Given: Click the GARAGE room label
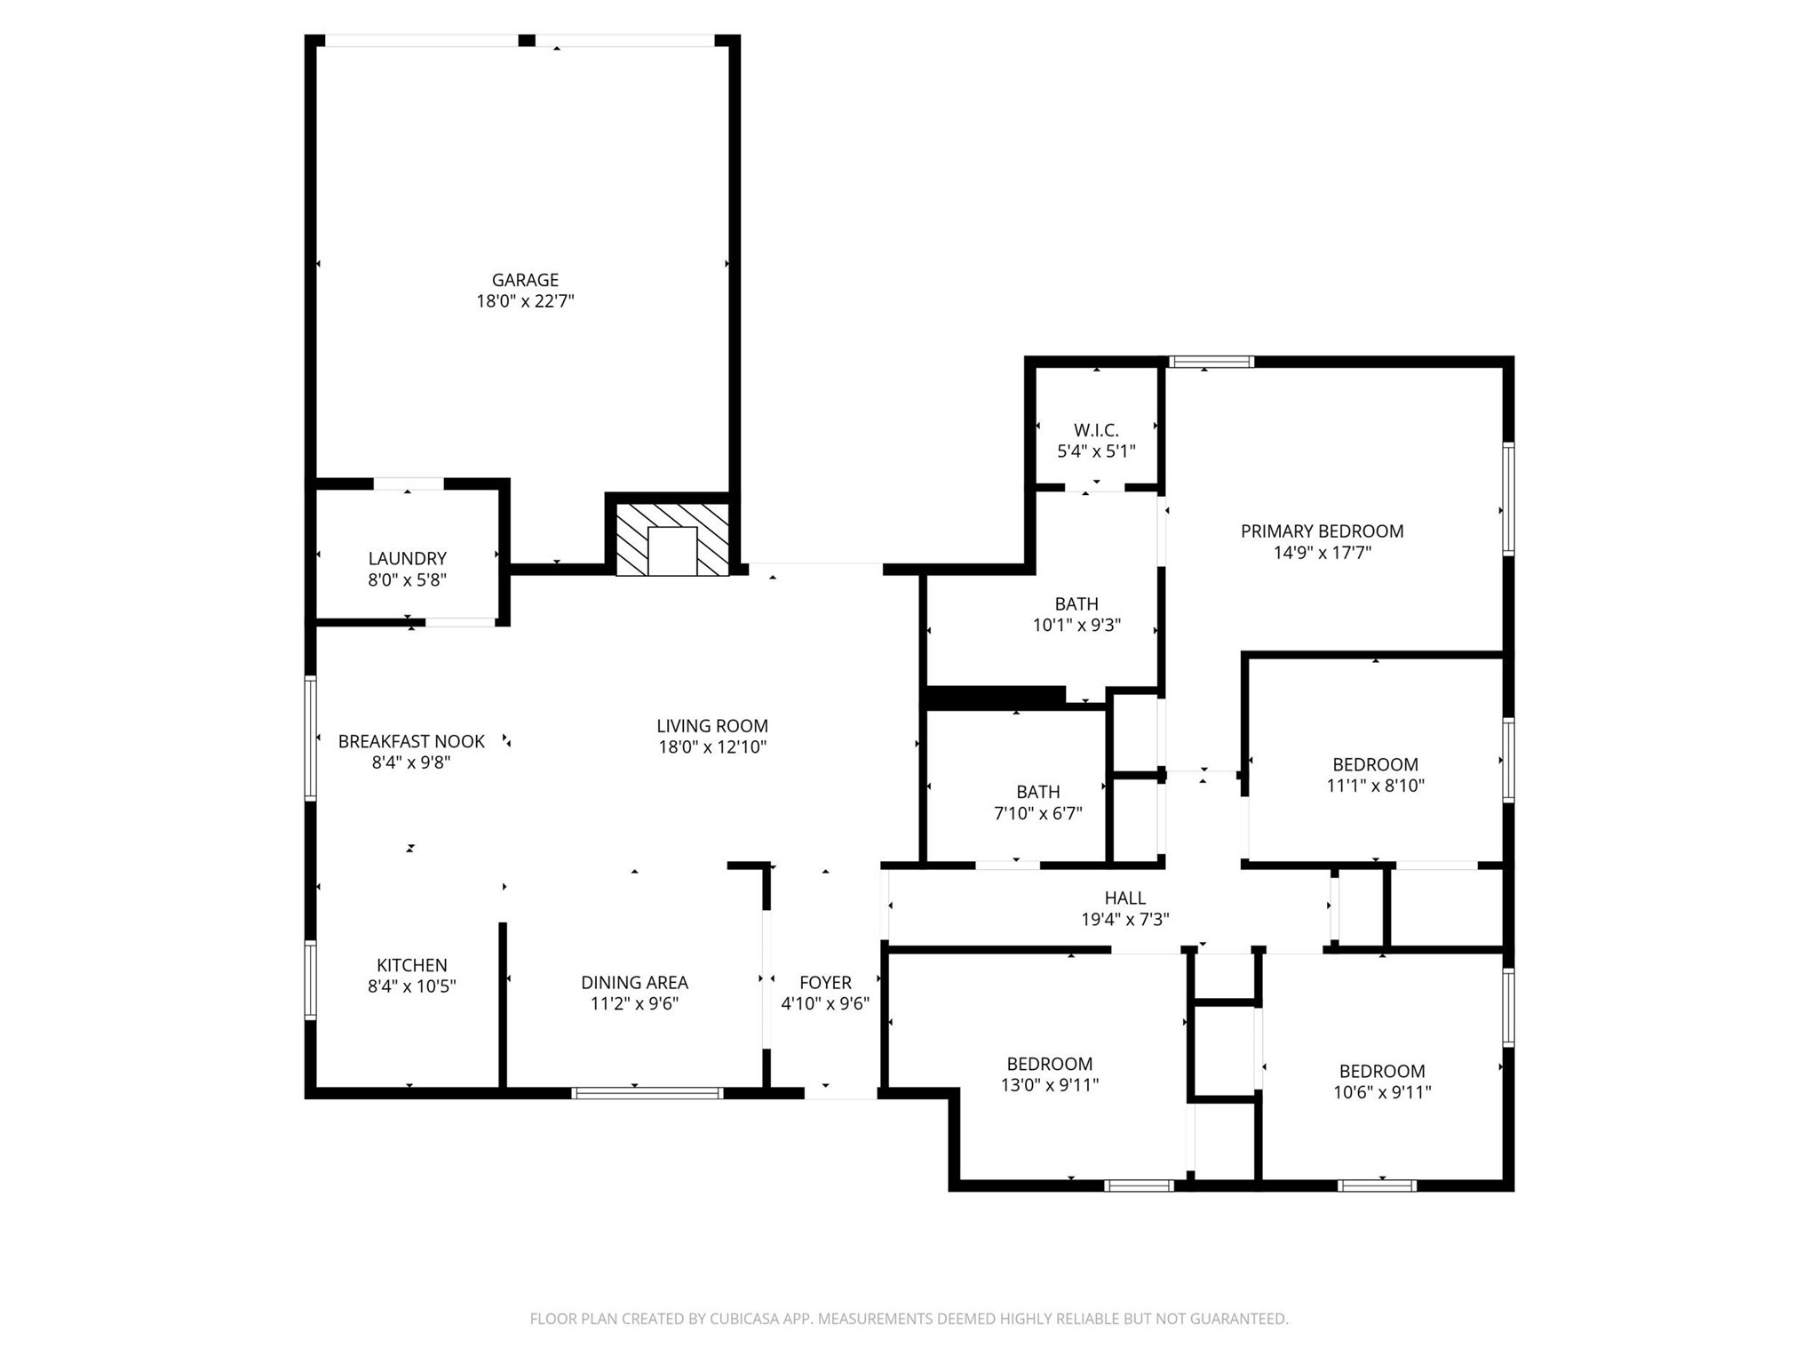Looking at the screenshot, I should click(525, 280).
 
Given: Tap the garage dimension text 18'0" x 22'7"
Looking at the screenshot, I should click(525, 301).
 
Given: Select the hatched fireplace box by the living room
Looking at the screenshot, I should click(672, 539).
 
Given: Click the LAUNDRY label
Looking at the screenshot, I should click(407, 558).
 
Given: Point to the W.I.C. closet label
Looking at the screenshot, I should click(1096, 430).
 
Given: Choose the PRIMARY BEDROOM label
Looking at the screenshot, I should click(1322, 531).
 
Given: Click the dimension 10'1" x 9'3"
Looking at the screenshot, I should click(1076, 626).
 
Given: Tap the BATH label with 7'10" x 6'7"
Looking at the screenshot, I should click(1037, 792).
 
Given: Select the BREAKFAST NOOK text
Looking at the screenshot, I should click(411, 741).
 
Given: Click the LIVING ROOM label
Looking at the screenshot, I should click(712, 726).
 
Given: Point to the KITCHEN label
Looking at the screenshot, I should click(411, 965).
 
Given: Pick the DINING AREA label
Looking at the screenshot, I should click(634, 982).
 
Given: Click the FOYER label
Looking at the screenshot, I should click(825, 982).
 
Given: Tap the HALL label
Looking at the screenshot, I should click(1124, 898).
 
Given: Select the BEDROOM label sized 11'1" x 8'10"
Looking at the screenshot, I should click(1375, 764).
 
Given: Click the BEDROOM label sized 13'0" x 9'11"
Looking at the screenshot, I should click(1049, 1064).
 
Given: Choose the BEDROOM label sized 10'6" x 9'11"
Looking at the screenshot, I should click(1382, 1071).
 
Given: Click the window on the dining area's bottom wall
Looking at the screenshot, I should click(647, 1093).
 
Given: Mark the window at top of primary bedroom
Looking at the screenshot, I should click(1211, 362).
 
